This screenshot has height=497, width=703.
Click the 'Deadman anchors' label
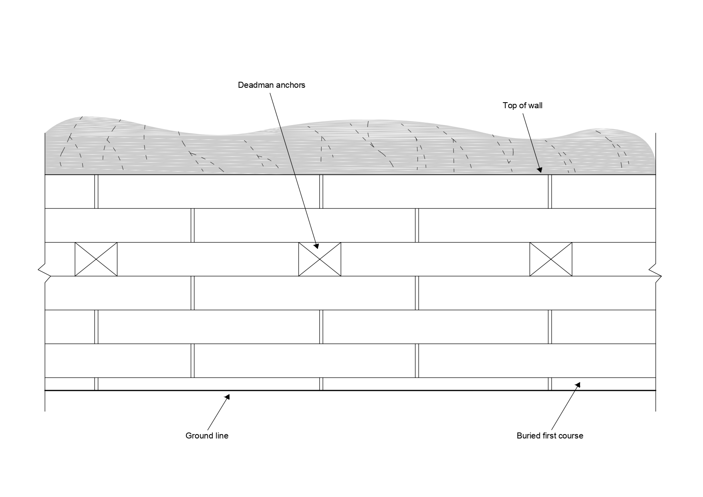pyautogui.click(x=271, y=85)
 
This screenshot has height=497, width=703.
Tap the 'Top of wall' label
pyautogui.click(x=522, y=105)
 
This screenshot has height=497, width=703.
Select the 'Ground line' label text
pyautogui.click(x=207, y=436)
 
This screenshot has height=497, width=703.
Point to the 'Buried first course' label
pyautogui.click(x=550, y=436)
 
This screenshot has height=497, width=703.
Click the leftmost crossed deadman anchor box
pyautogui.click(x=96, y=259)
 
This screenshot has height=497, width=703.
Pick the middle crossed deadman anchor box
pyautogui.click(x=320, y=259)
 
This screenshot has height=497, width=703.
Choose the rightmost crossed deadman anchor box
pyautogui.click(x=551, y=259)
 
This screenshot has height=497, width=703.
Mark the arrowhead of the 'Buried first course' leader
pyautogui.click(x=579, y=384)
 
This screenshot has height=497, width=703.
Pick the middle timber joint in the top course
pyautogui.click(x=321, y=192)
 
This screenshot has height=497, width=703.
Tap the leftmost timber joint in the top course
pyautogui.click(x=96, y=192)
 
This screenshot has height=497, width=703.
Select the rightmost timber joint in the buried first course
pyautogui.click(x=550, y=384)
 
